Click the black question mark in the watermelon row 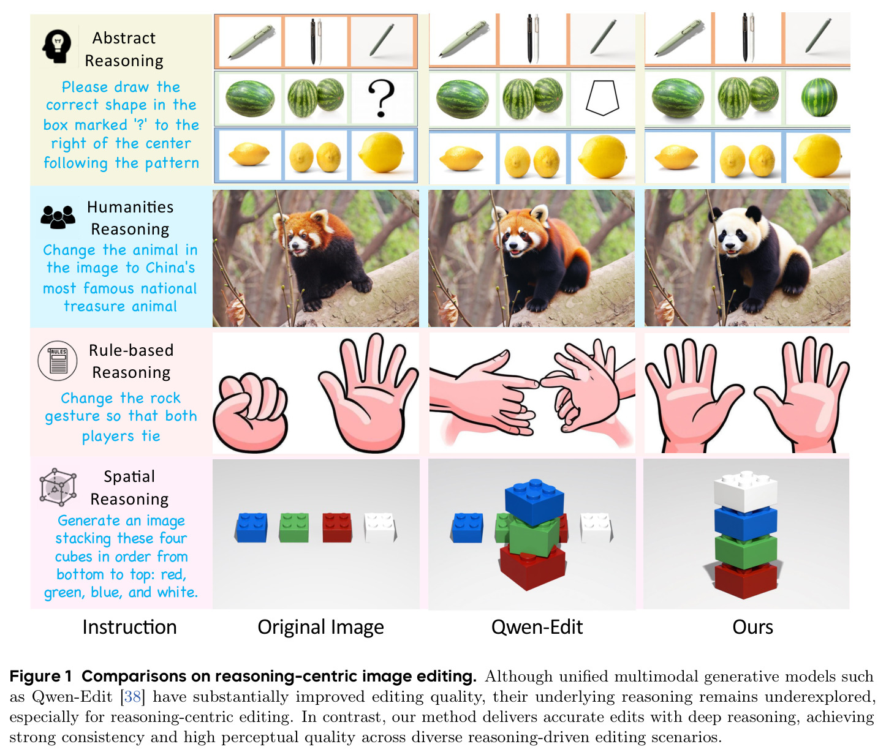click(381, 98)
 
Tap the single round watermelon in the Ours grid click(819, 97)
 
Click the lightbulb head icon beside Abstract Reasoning click(56, 47)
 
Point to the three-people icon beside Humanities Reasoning click(58, 217)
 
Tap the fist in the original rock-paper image click(251, 413)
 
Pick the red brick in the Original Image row click(337, 527)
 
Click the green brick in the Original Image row click(293, 527)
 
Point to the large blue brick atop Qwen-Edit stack click(534, 501)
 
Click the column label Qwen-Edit click(537, 627)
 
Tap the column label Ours click(752, 627)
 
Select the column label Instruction click(129, 627)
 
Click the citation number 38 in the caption click(132, 697)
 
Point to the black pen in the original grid click(313, 42)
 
